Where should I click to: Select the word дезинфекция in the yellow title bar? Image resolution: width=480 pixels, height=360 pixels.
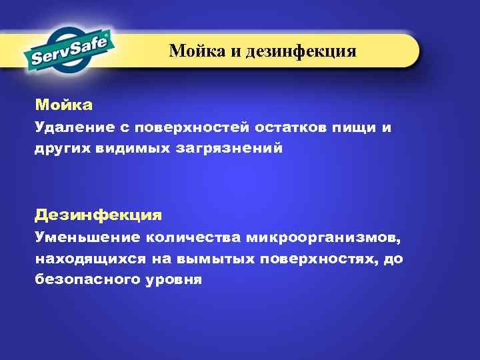click(301, 51)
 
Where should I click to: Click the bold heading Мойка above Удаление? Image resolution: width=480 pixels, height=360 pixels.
click(64, 105)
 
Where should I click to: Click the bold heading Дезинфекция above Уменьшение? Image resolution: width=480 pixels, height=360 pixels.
click(98, 215)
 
